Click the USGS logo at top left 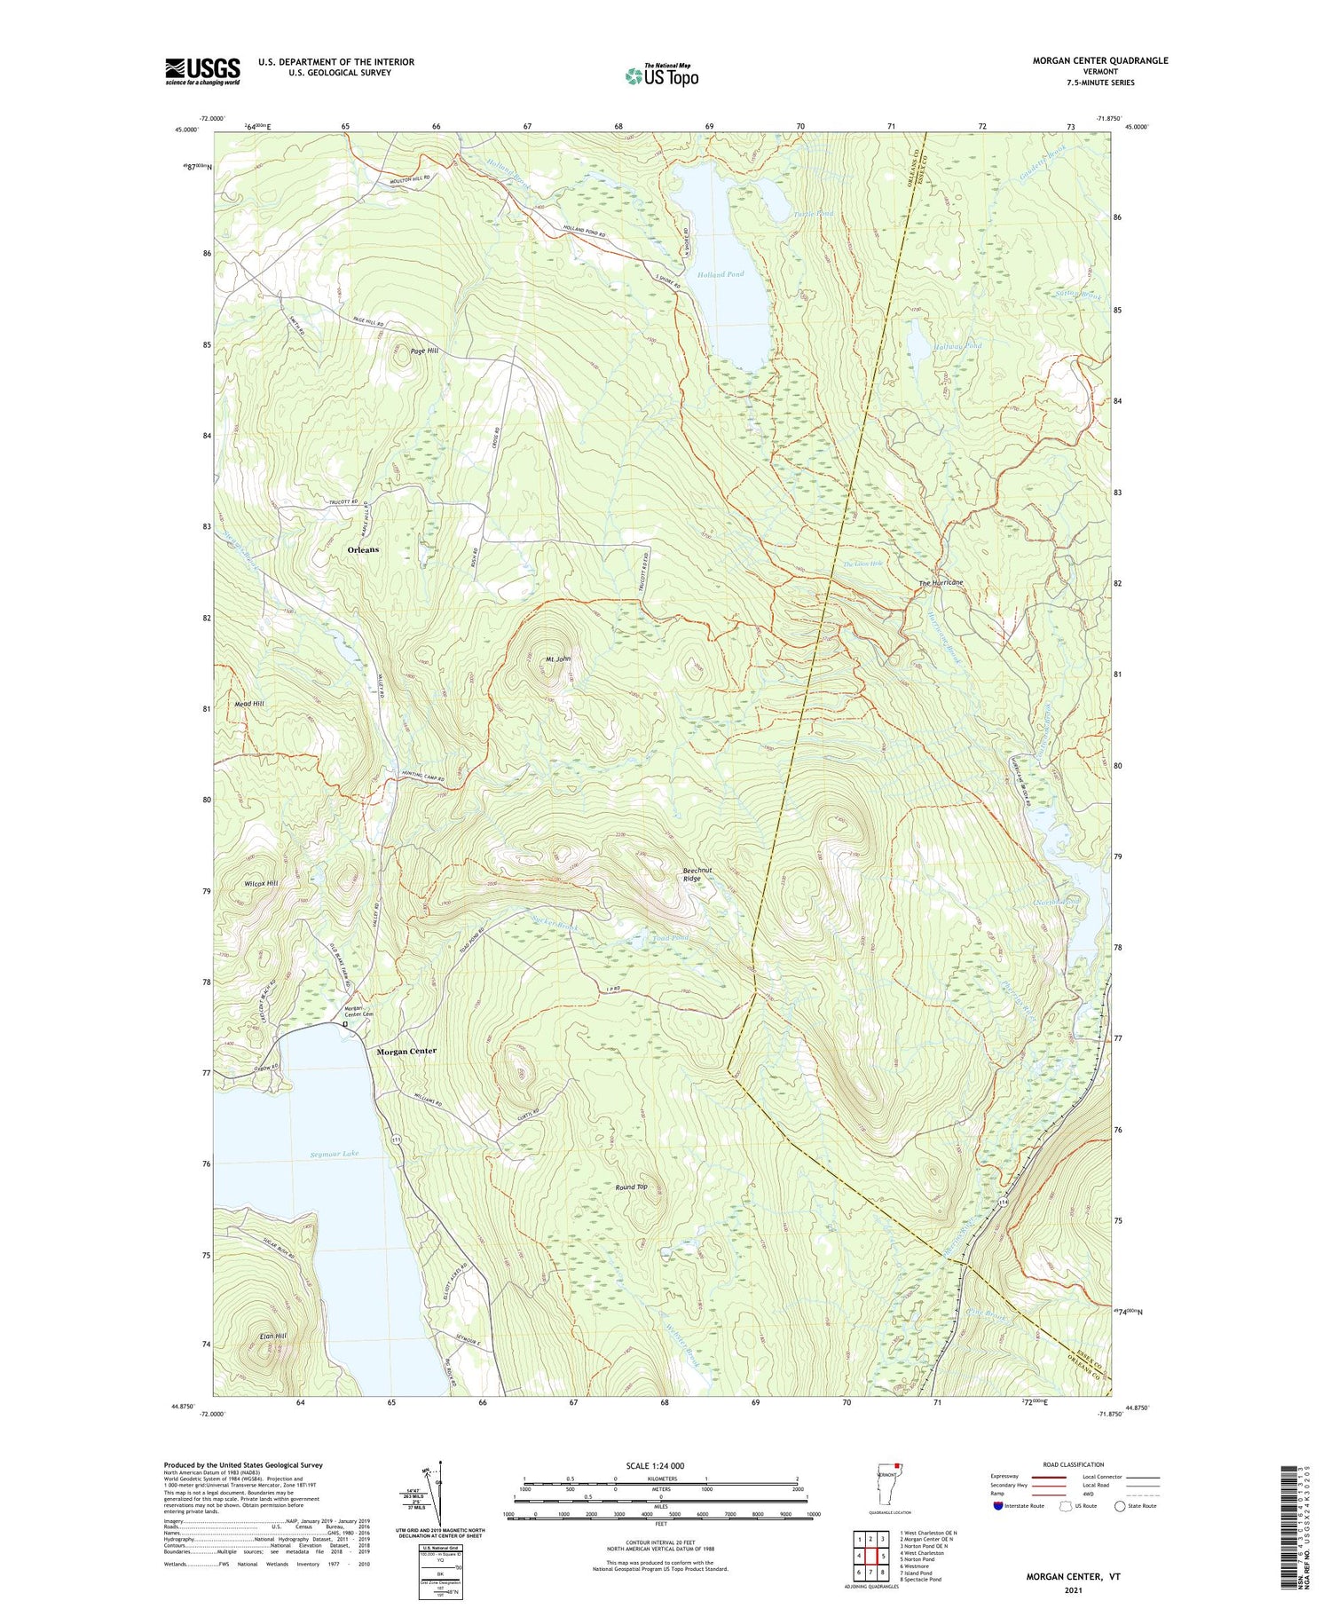click(202, 71)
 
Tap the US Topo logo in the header click(661, 75)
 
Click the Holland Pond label click(721, 274)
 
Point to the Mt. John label click(558, 659)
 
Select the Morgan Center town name click(406, 1051)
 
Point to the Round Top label click(632, 1187)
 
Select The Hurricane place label click(941, 582)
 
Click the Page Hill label click(424, 351)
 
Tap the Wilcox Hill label click(261, 883)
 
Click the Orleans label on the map click(363, 549)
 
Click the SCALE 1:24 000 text click(660, 1465)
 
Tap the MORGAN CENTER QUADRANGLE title click(1099, 60)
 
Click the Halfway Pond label click(957, 345)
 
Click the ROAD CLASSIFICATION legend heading click(1074, 1464)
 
